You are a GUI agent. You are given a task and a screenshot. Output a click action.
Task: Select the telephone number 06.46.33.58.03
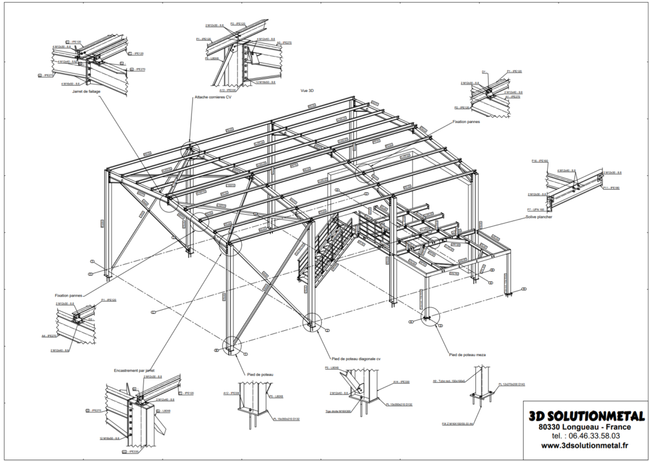585,436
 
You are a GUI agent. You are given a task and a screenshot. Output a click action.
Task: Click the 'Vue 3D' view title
308,91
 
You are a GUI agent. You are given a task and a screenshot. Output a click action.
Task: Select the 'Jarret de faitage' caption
88,91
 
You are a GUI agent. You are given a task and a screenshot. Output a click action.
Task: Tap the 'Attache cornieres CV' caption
215,98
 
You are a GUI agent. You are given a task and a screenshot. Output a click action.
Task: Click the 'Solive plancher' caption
538,217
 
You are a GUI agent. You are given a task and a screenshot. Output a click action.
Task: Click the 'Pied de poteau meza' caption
467,354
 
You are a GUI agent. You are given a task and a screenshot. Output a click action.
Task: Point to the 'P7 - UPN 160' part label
536,209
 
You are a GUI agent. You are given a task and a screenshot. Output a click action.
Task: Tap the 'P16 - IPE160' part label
540,161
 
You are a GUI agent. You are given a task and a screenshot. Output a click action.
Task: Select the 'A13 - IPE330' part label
227,90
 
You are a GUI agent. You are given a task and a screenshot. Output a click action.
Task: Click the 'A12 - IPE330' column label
230,393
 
